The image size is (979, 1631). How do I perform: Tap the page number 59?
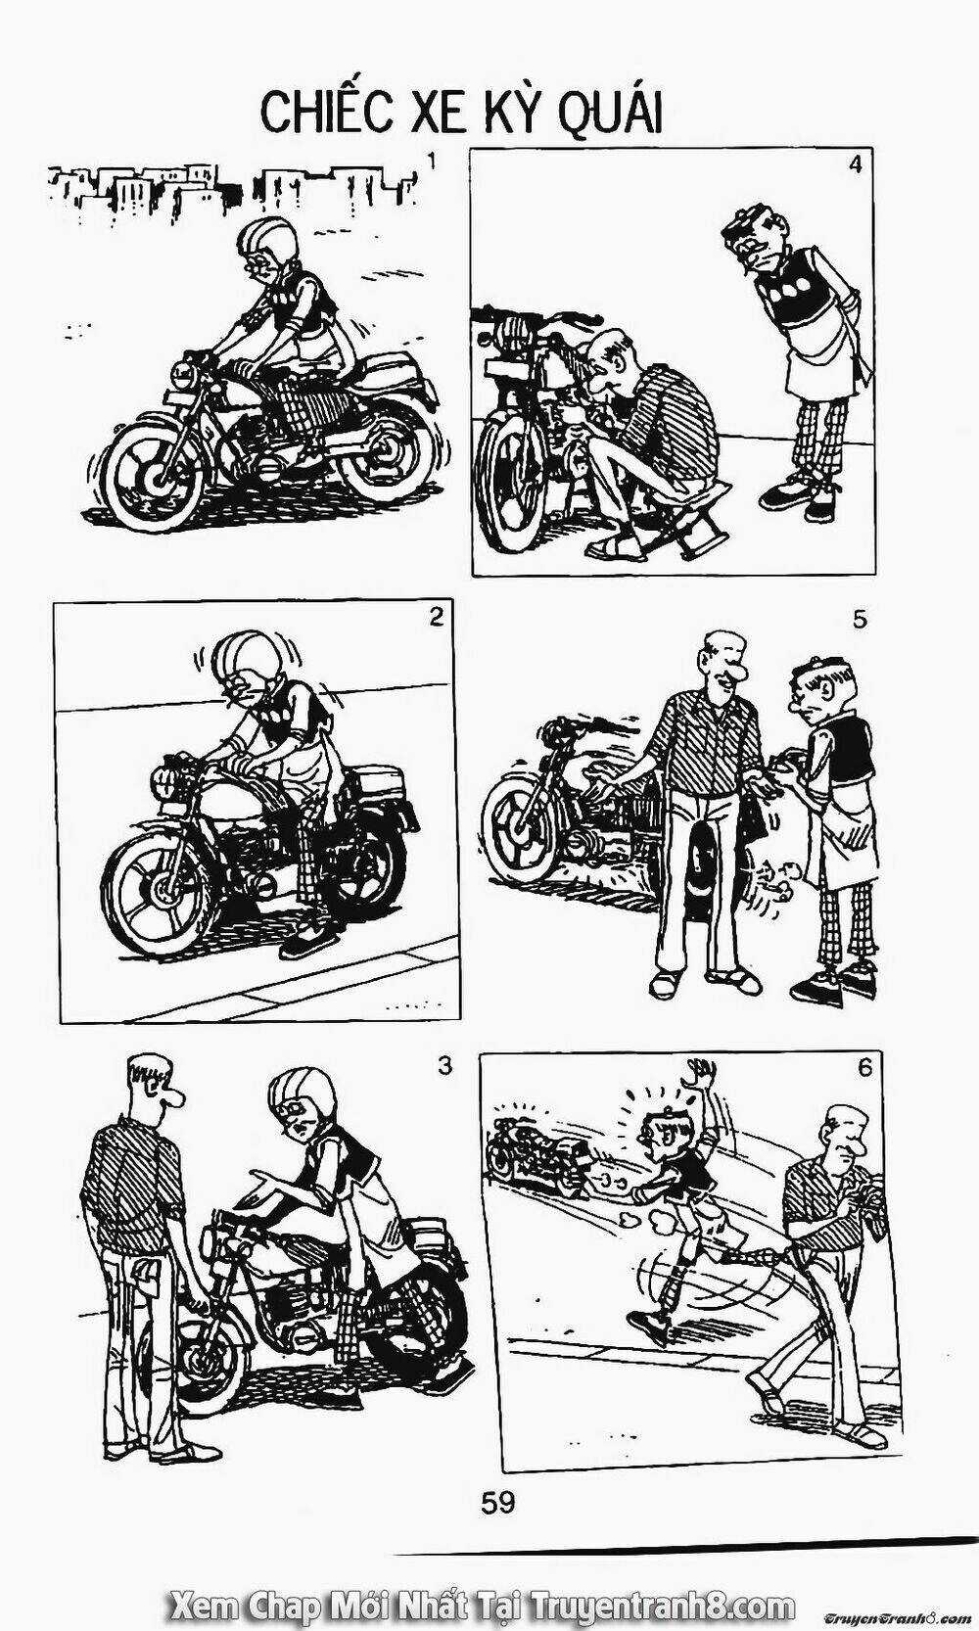(x=497, y=1501)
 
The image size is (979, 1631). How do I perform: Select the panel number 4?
(x=855, y=165)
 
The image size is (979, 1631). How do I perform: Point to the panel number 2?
(x=436, y=617)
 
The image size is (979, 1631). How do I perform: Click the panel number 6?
(x=863, y=1067)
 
